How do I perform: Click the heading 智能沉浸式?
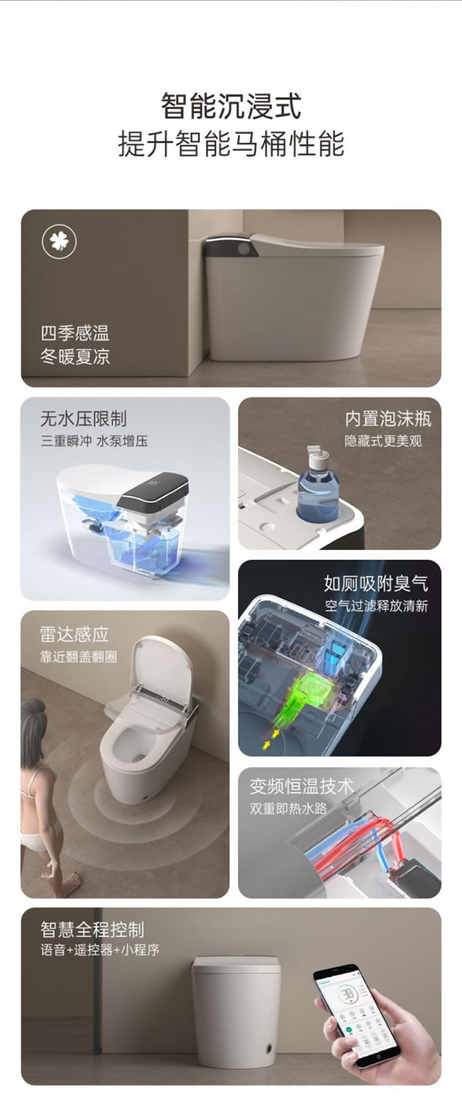pyautogui.click(x=231, y=106)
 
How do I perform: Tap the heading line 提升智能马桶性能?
pyautogui.click(x=231, y=144)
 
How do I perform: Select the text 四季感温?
pyautogui.click(x=75, y=334)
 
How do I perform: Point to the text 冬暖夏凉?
pyautogui.click(x=75, y=357)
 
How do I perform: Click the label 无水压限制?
pyautogui.click(x=83, y=419)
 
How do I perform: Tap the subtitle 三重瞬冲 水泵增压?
pyautogui.click(x=94, y=441)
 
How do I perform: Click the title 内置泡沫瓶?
pyautogui.click(x=388, y=419)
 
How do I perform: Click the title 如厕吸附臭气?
pyautogui.click(x=376, y=583)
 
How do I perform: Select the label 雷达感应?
pyautogui.click(x=75, y=634)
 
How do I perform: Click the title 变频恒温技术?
pyautogui.click(x=302, y=787)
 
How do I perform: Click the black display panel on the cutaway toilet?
pyautogui.click(x=154, y=492)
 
